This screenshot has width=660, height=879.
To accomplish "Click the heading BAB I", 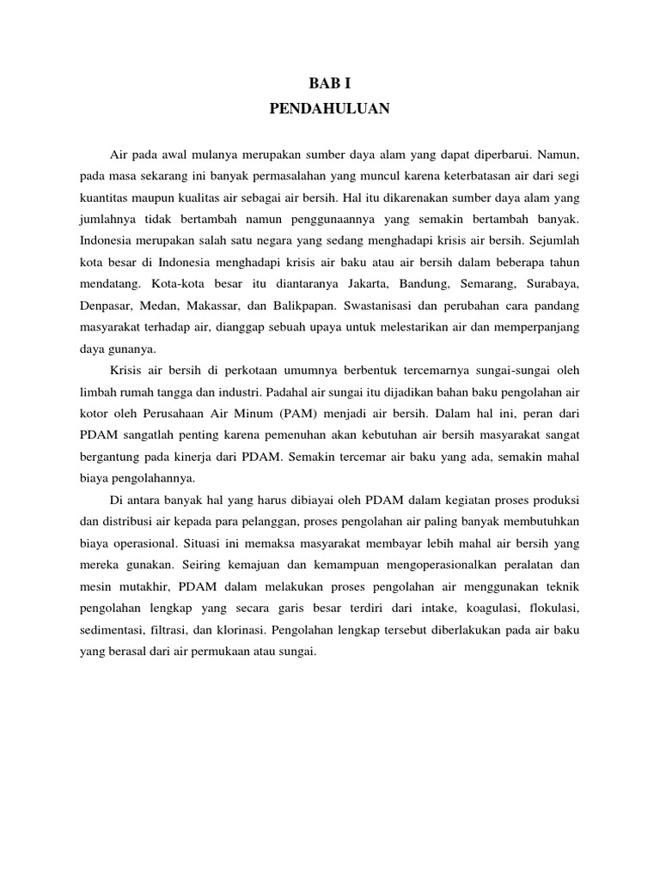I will [330, 83].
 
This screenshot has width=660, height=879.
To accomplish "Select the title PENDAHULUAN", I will [330, 109].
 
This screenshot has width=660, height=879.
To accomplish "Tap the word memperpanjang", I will [541, 326].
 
